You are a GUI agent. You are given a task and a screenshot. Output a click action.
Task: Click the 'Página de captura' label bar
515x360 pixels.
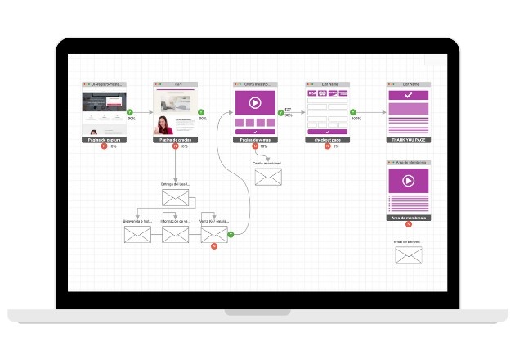point(103,140)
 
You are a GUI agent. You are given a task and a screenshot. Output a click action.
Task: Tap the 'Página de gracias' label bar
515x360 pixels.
point(175,140)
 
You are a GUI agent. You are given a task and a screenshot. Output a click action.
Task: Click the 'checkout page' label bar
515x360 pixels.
point(328,140)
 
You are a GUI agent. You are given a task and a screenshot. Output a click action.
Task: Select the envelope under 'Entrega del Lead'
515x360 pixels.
point(175,198)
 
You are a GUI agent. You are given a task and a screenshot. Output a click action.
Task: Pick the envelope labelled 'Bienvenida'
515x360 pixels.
point(137,236)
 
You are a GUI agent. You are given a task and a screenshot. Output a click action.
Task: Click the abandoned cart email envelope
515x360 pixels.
point(267,178)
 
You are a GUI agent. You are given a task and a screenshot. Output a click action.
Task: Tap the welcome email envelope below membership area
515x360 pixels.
point(408,256)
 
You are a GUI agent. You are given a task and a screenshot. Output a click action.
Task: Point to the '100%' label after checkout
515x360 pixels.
point(356,119)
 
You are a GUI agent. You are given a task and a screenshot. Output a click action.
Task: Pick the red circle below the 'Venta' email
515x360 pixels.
point(213,246)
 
